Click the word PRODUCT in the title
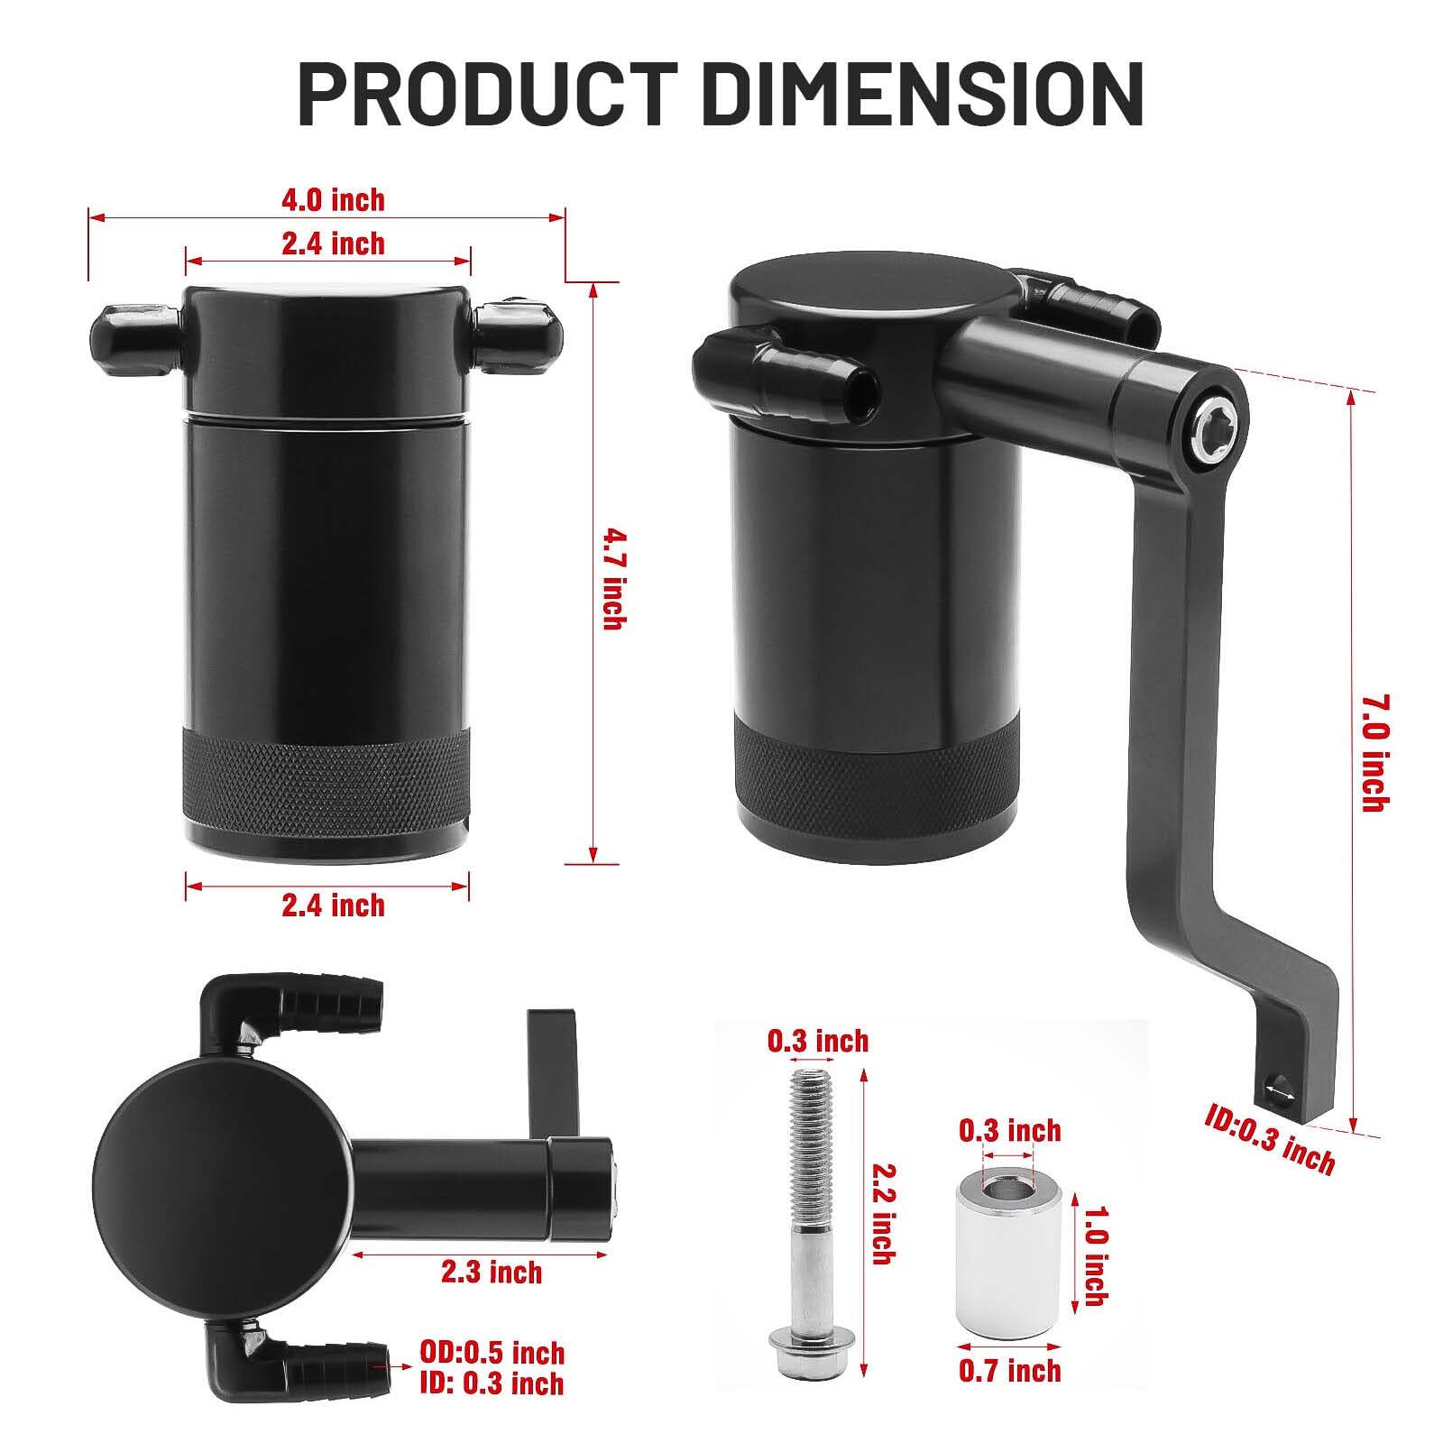click(487, 93)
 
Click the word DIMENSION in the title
click(923, 93)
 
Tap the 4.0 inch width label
click(333, 199)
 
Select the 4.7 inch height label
click(613, 578)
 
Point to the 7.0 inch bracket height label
click(1374, 752)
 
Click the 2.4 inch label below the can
click(333, 905)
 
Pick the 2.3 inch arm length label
click(492, 1272)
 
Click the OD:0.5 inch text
click(492, 1352)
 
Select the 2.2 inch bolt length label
click(885, 1213)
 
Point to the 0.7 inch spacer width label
click(1009, 1371)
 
